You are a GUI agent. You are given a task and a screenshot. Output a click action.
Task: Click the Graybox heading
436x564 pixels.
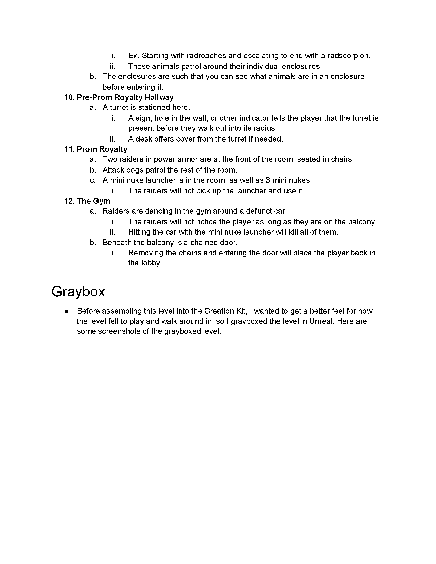click(78, 291)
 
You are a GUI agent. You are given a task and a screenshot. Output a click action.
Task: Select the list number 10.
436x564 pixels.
click(69, 97)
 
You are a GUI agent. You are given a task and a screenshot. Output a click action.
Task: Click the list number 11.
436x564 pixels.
click(69, 149)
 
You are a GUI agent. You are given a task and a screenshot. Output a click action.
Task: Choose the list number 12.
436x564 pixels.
click(69, 201)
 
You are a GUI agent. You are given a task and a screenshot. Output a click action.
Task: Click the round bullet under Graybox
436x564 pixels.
click(67, 311)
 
